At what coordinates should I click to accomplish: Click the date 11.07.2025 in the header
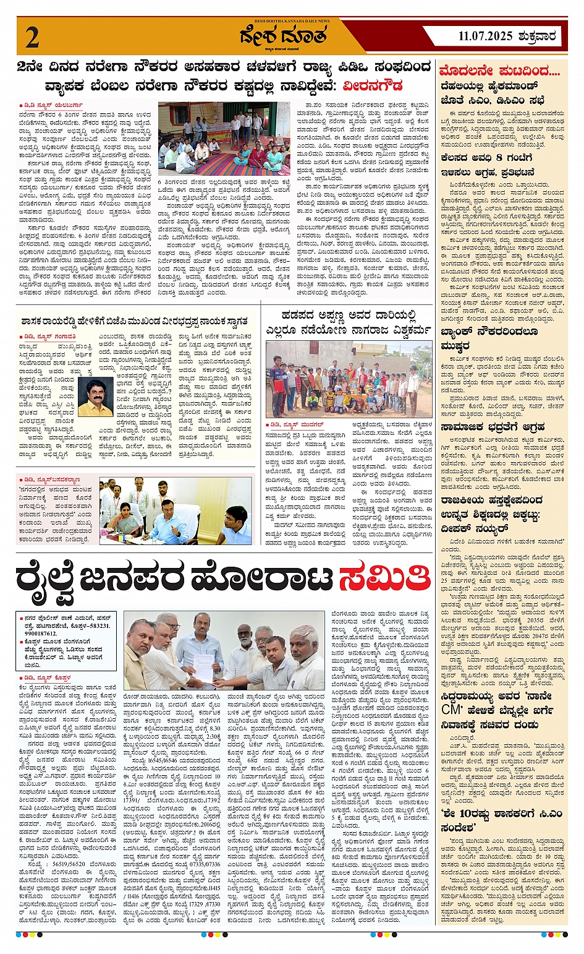point(486,37)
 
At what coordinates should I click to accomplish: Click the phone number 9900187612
point(41,634)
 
